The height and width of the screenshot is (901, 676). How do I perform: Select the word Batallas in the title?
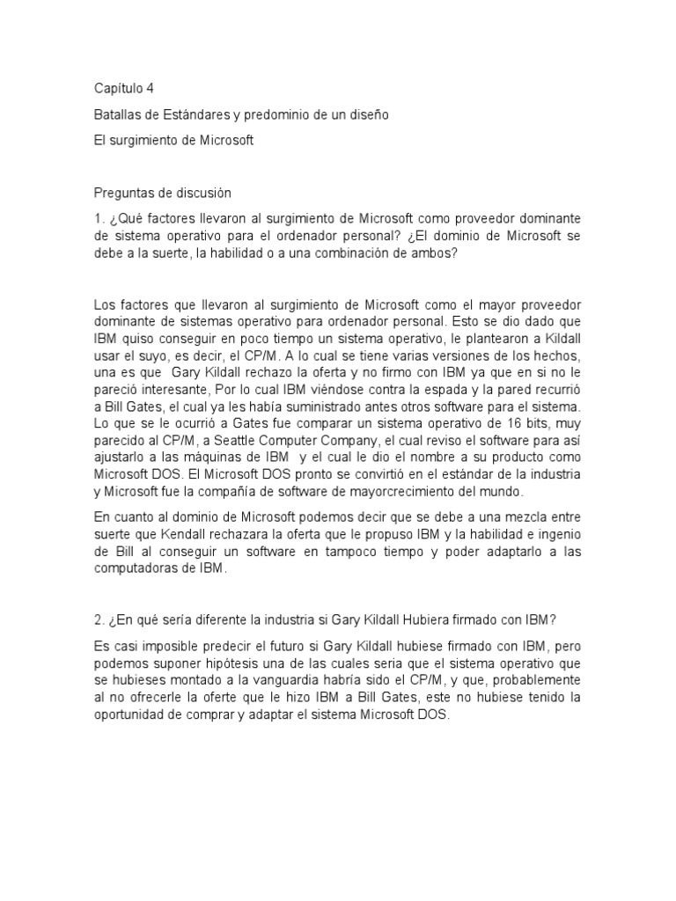point(118,114)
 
